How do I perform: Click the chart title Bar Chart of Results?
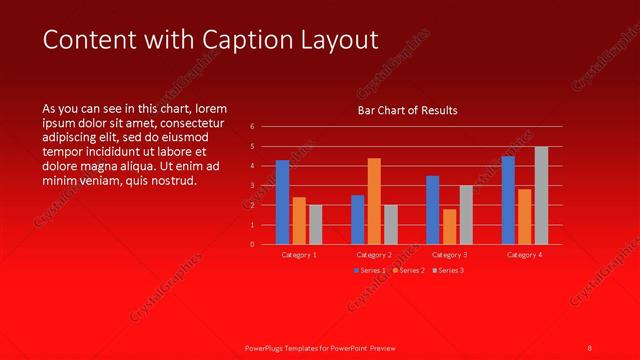click(x=407, y=111)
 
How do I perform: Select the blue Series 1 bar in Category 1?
click(x=282, y=202)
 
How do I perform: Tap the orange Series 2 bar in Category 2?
click(x=374, y=201)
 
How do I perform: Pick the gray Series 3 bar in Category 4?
click(x=541, y=195)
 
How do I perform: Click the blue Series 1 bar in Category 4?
click(x=508, y=200)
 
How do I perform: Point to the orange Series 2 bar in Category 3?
click(x=449, y=226)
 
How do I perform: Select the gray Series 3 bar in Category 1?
click(x=315, y=224)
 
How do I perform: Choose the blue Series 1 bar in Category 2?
click(x=357, y=219)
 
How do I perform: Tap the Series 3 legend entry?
click(x=447, y=270)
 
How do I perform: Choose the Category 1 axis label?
click(x=299, y=255)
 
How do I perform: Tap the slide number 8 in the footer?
click(x=589, y=347)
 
